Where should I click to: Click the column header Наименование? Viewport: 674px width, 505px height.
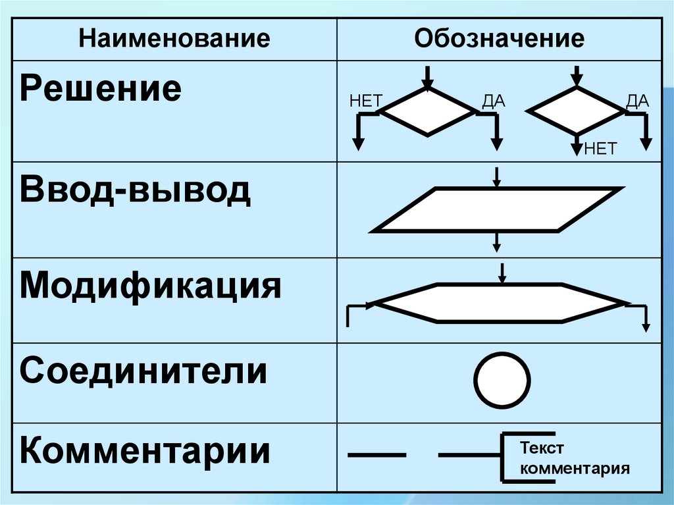tap(174, 39)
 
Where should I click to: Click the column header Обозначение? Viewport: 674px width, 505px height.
tap(499, 39)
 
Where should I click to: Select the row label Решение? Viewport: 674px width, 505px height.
tap(100, 89)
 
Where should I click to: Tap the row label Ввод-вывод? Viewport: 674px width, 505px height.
tap(135, 191)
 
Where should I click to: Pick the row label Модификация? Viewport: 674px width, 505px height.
tap(151, 286)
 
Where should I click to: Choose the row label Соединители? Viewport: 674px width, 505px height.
tap(143, 371)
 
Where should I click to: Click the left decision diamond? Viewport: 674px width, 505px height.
tap(428, 112)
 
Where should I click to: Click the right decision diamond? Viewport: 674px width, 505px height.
tap(577, 112)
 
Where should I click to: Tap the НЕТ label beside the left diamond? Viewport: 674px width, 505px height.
tap(366, 101)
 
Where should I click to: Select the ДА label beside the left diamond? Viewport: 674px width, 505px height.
tap(493, 101)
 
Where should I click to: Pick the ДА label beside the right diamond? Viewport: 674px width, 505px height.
tap(637, 101)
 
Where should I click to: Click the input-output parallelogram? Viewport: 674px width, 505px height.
tap(496, 210)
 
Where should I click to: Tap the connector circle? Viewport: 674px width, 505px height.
tap(502, 381)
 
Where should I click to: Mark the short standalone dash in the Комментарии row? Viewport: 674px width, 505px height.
tap(376, 455)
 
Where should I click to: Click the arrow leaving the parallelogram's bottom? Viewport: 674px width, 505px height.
tap(497, 242)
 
